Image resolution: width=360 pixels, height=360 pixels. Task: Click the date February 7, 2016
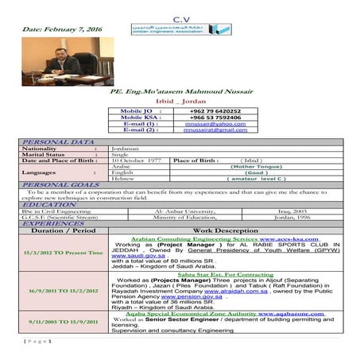click(x=52, y=29)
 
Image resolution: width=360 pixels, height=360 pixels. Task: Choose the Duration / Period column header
click(x=63, y=230)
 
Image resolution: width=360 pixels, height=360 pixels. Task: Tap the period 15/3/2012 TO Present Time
click(x=63, y=253)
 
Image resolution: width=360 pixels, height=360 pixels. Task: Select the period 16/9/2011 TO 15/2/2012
click(x=63, y=292)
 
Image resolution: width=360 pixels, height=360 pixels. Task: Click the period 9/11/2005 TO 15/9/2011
click(x=63, y=321)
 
